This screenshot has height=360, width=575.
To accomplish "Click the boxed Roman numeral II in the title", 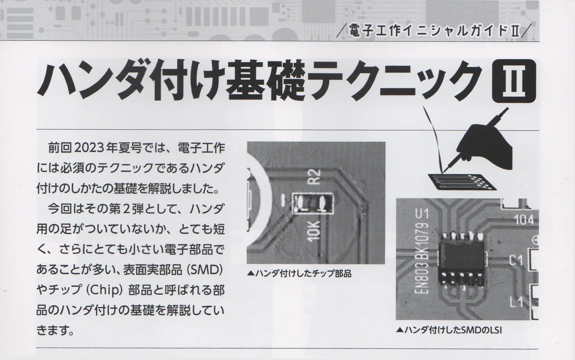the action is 514,81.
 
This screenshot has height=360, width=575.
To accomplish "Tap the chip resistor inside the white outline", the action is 313,203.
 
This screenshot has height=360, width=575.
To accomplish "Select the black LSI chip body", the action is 461,259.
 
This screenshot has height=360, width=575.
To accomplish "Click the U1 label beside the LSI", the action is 422,213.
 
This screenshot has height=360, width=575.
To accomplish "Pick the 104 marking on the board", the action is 524,220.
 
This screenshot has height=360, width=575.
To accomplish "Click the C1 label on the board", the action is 516,261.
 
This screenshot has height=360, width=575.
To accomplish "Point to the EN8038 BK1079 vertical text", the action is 422,258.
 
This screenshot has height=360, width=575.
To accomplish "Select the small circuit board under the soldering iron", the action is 462,182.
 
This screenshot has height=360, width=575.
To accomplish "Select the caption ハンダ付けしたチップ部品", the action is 299,274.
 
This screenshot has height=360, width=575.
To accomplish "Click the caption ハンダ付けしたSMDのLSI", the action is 449,330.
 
